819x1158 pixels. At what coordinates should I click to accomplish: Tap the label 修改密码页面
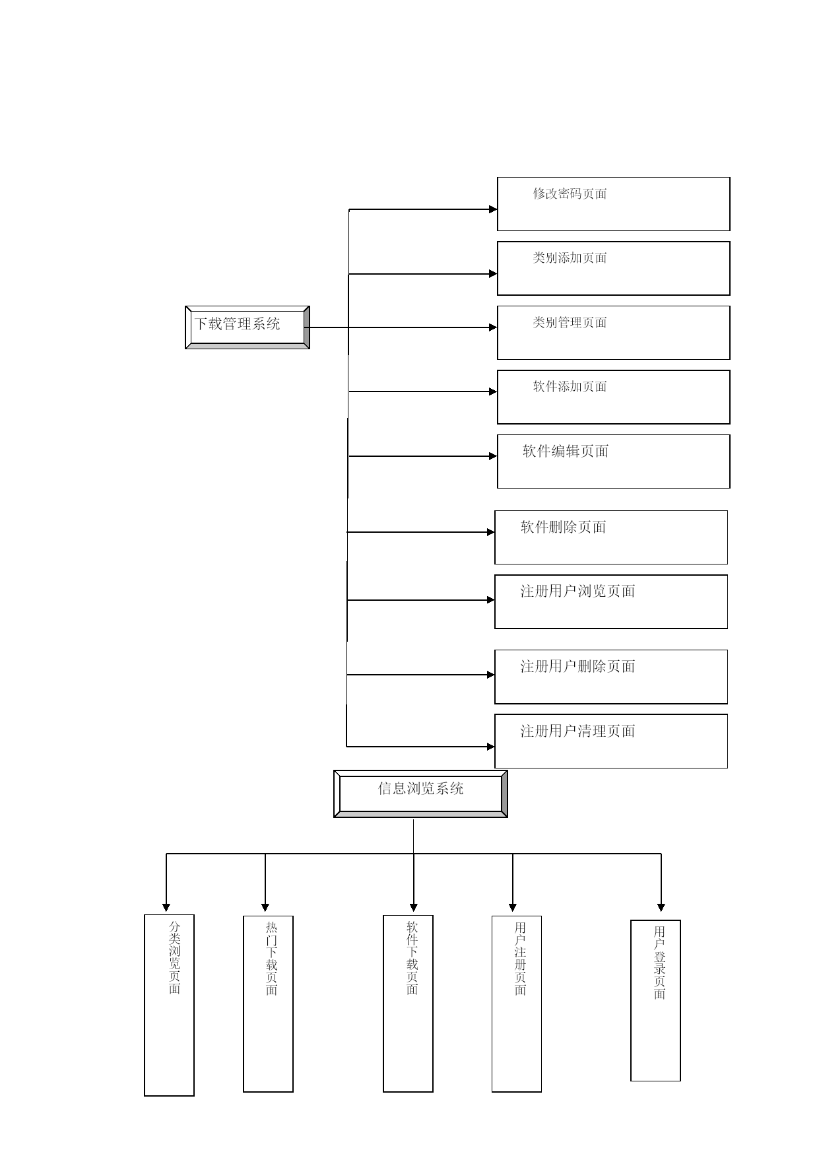pos(570,193)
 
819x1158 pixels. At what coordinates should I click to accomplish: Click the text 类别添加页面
pos(570,258)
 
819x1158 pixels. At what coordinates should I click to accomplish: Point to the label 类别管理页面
pos(570,322)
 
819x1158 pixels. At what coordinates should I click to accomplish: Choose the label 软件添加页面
pos(570,387)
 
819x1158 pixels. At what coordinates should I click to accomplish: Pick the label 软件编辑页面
pos(566,452)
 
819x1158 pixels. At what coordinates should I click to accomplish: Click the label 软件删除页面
pos(564,527)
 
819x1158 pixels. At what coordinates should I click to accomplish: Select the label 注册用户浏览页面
pos(577,592)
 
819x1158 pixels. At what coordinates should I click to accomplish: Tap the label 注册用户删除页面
pos(577,667)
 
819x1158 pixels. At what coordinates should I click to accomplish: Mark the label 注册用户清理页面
pos(577,731)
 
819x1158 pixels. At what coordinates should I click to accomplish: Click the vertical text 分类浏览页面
pos(174,958)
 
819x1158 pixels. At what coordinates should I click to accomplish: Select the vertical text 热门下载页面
pos(271,959)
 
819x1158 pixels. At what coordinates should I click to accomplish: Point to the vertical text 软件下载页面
pos(412,959)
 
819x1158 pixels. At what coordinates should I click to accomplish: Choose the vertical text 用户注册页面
pos(520,959)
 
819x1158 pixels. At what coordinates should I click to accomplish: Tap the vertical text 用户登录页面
pos(659,963)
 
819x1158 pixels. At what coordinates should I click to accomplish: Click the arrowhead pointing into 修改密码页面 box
pos(493,209)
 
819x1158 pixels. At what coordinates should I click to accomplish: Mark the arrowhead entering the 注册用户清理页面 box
pos(491,747)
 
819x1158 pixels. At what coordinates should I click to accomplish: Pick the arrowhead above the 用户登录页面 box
pos(661,908)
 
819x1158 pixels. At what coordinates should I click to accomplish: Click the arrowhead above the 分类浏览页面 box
pos(166,908)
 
